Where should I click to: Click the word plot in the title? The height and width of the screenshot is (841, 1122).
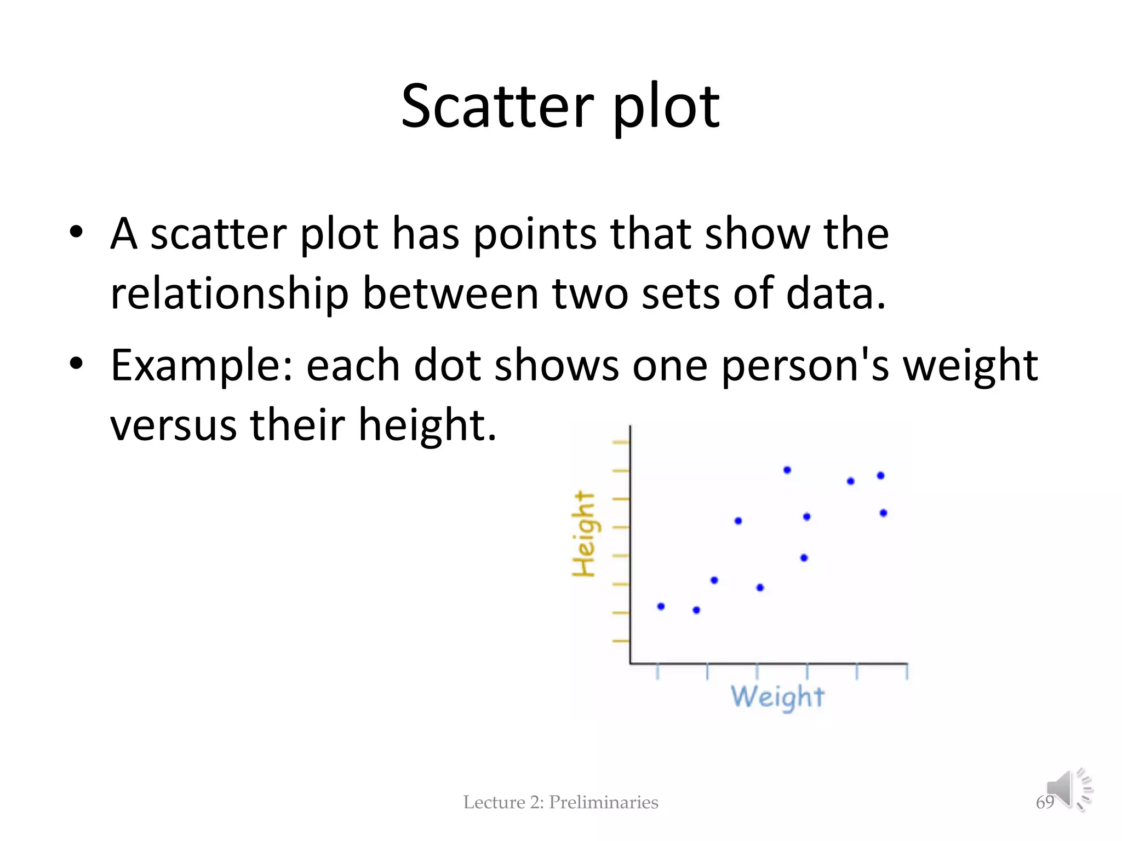click(x=666, y=108)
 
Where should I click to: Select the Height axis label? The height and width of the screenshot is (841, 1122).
click(x=583, y=534)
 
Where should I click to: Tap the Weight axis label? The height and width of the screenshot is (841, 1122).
click(x=777, y=697)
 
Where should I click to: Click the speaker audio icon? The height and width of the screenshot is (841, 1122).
click(x=1068, y=789)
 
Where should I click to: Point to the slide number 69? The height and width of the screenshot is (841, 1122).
click(x=1044, y=802)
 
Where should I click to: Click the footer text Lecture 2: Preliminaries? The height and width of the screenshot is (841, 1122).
click(x=560, y=802)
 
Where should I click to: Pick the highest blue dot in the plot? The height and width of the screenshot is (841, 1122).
click(x=787, y=470)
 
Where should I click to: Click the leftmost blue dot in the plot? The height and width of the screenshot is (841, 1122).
click(x=661, y=606)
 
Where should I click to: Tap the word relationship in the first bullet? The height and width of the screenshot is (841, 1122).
click(x=229, y=294)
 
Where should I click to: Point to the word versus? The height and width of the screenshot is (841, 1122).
click(x=173, y=425)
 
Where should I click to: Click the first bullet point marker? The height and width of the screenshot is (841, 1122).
click(x=76, y=231)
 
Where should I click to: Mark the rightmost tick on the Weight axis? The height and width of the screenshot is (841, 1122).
click(x=907, y=671)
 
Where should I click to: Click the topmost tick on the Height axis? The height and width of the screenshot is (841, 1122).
click(x=620, y=442)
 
